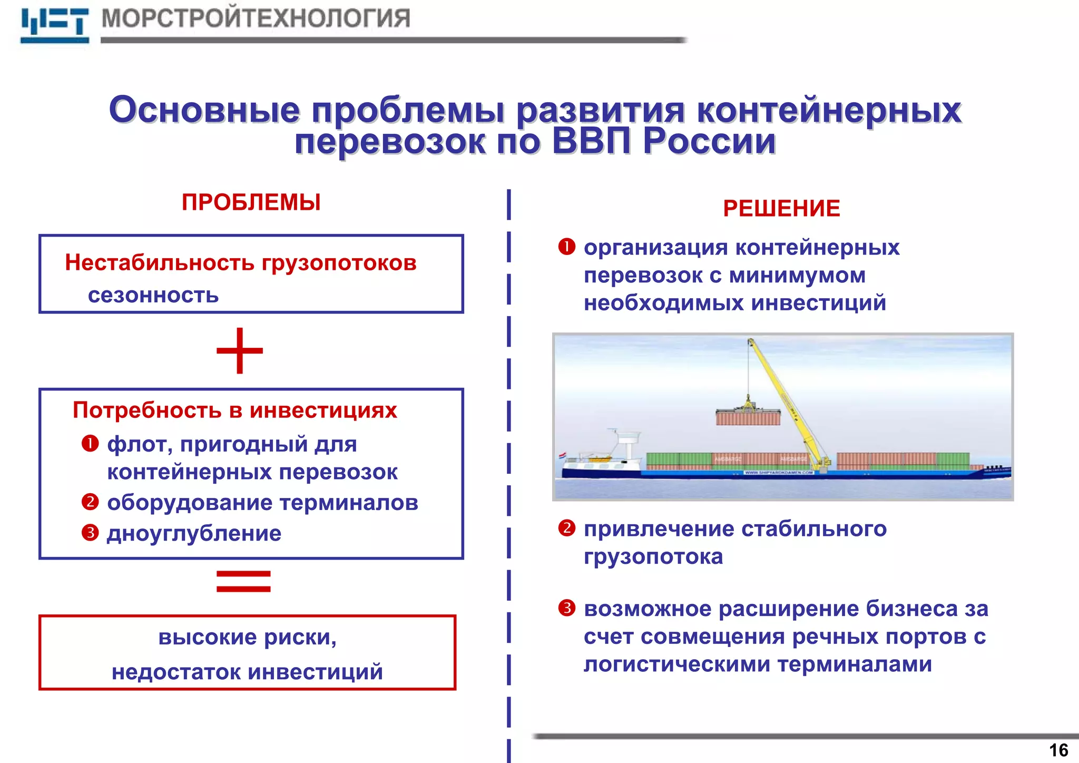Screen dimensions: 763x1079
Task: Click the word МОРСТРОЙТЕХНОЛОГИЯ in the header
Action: (256, 18)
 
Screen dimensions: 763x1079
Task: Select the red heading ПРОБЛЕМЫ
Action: (251, 203)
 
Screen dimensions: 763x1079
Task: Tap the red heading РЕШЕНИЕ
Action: (781, 209)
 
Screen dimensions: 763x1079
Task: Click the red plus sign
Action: (240, 350)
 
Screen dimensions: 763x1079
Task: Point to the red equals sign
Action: (243, 581)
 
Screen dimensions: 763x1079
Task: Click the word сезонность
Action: (153, 296)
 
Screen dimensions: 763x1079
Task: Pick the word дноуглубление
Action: (194, 534)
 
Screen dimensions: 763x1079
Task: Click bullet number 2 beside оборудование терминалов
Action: (90, 502)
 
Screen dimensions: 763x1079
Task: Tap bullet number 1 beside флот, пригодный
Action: (90, 444)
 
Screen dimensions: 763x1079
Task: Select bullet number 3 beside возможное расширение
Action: (567, 608)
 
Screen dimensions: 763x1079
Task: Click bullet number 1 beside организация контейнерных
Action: (567, 247)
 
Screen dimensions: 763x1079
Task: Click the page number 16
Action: (1058, 750)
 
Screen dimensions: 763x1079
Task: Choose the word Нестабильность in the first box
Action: (160, 262)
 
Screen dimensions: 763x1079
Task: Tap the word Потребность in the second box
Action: (145, 410)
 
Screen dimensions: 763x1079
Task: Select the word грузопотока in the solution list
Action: (653, 557)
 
